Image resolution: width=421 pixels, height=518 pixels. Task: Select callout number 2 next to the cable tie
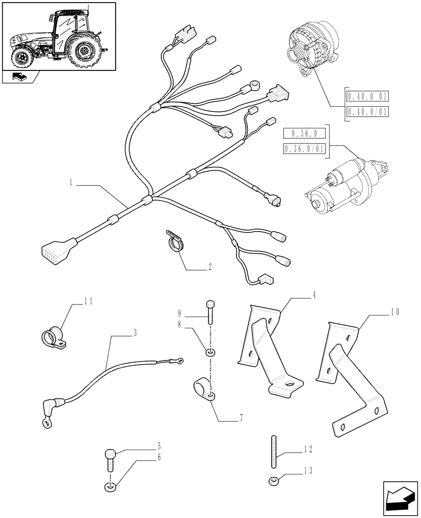tap(209, 267)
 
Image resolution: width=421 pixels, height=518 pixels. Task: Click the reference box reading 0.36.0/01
tap(304, 149)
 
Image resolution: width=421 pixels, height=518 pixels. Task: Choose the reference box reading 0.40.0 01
tap(368, 96)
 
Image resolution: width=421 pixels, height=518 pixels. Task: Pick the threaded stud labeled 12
tap(273, 453)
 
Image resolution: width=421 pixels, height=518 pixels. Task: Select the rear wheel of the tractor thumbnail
tap(83, 50)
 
